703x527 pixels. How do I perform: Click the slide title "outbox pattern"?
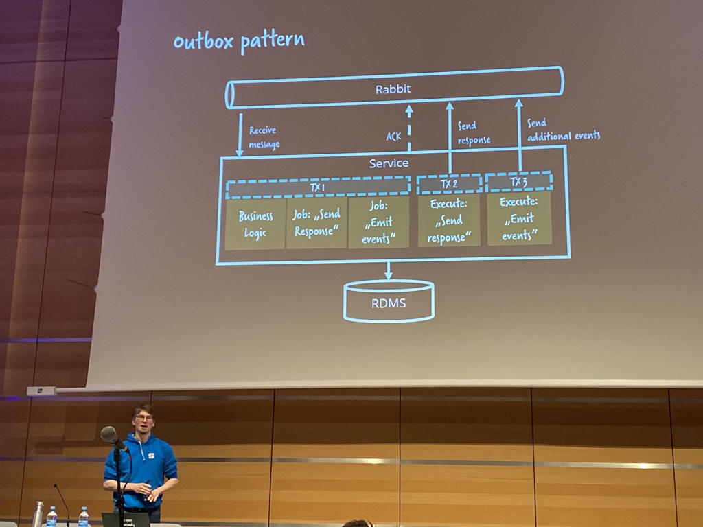[238, 41]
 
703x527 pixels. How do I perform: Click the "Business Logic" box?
[255, 224]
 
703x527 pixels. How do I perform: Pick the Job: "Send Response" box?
[316, 222]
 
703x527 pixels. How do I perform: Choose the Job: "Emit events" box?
[379, 222]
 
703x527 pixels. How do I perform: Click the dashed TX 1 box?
[318, 187]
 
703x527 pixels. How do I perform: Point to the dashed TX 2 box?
[449, 184]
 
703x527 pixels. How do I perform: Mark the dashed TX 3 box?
[519, 182]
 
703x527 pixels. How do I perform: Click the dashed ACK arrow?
[409, 128]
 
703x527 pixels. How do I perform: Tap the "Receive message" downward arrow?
[240, 134]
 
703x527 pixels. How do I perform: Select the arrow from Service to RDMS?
[389, 270]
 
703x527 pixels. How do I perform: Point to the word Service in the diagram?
[389, 163]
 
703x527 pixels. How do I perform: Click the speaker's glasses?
[143, 417]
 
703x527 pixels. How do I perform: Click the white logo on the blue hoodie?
[151, 455]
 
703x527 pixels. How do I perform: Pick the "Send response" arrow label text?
[474, 133]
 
